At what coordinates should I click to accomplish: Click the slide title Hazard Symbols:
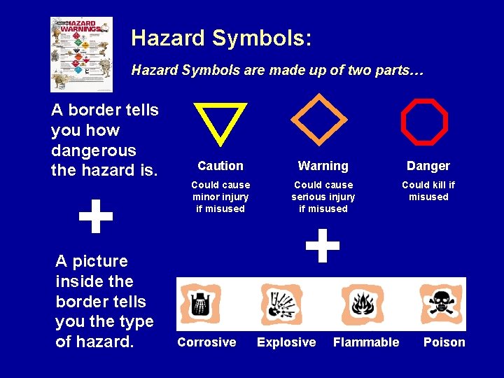[220, 38]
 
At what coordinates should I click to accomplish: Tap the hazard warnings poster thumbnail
[81, 54]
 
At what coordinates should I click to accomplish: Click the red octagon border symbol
[424, 121]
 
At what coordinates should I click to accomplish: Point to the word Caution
[220, 166]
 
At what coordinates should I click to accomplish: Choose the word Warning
[323, 166]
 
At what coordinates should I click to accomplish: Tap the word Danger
[428, 166]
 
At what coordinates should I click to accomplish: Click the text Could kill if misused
[428, 191]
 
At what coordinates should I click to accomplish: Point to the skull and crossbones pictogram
[441, 303]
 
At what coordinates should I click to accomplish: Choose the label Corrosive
[206, 342]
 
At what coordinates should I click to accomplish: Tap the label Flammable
[366, 342]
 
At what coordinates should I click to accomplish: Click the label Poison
[444, 342]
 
